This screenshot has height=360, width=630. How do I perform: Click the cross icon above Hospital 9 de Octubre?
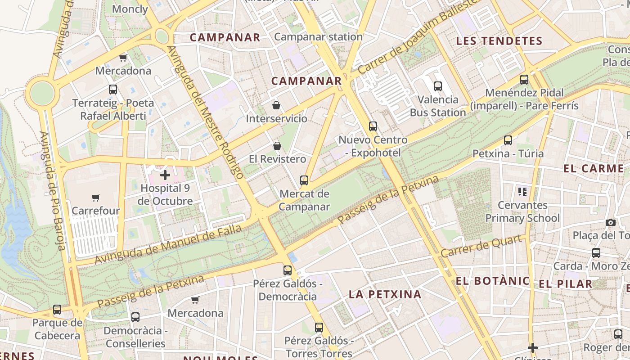(165, 175)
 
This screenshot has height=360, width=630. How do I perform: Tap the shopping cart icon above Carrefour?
(95, 198)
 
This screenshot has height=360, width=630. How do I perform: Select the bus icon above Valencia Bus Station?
(438, 86)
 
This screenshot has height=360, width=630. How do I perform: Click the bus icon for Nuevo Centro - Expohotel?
(373, 126)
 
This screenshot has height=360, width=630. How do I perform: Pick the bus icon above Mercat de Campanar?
(304, 180)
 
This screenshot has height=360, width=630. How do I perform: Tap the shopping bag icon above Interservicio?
(276, 105)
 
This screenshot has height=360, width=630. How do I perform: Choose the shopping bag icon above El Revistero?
(277, 146)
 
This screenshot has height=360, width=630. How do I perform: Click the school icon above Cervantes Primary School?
(522, 192)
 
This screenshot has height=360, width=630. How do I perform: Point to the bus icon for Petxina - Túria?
(508, 140)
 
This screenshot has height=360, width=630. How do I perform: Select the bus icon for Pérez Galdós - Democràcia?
(288, 270)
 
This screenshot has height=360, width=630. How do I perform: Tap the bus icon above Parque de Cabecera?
(57, 310)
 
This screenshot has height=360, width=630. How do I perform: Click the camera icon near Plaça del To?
(611, 222)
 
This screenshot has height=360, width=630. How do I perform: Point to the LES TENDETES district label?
(499, 41)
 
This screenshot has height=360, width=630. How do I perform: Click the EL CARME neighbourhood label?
(594, 169)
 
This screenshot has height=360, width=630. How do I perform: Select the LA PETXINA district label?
(385, 294)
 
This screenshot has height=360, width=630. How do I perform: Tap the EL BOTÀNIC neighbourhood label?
(492, 281)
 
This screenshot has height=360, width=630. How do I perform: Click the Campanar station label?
(318, 37)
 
